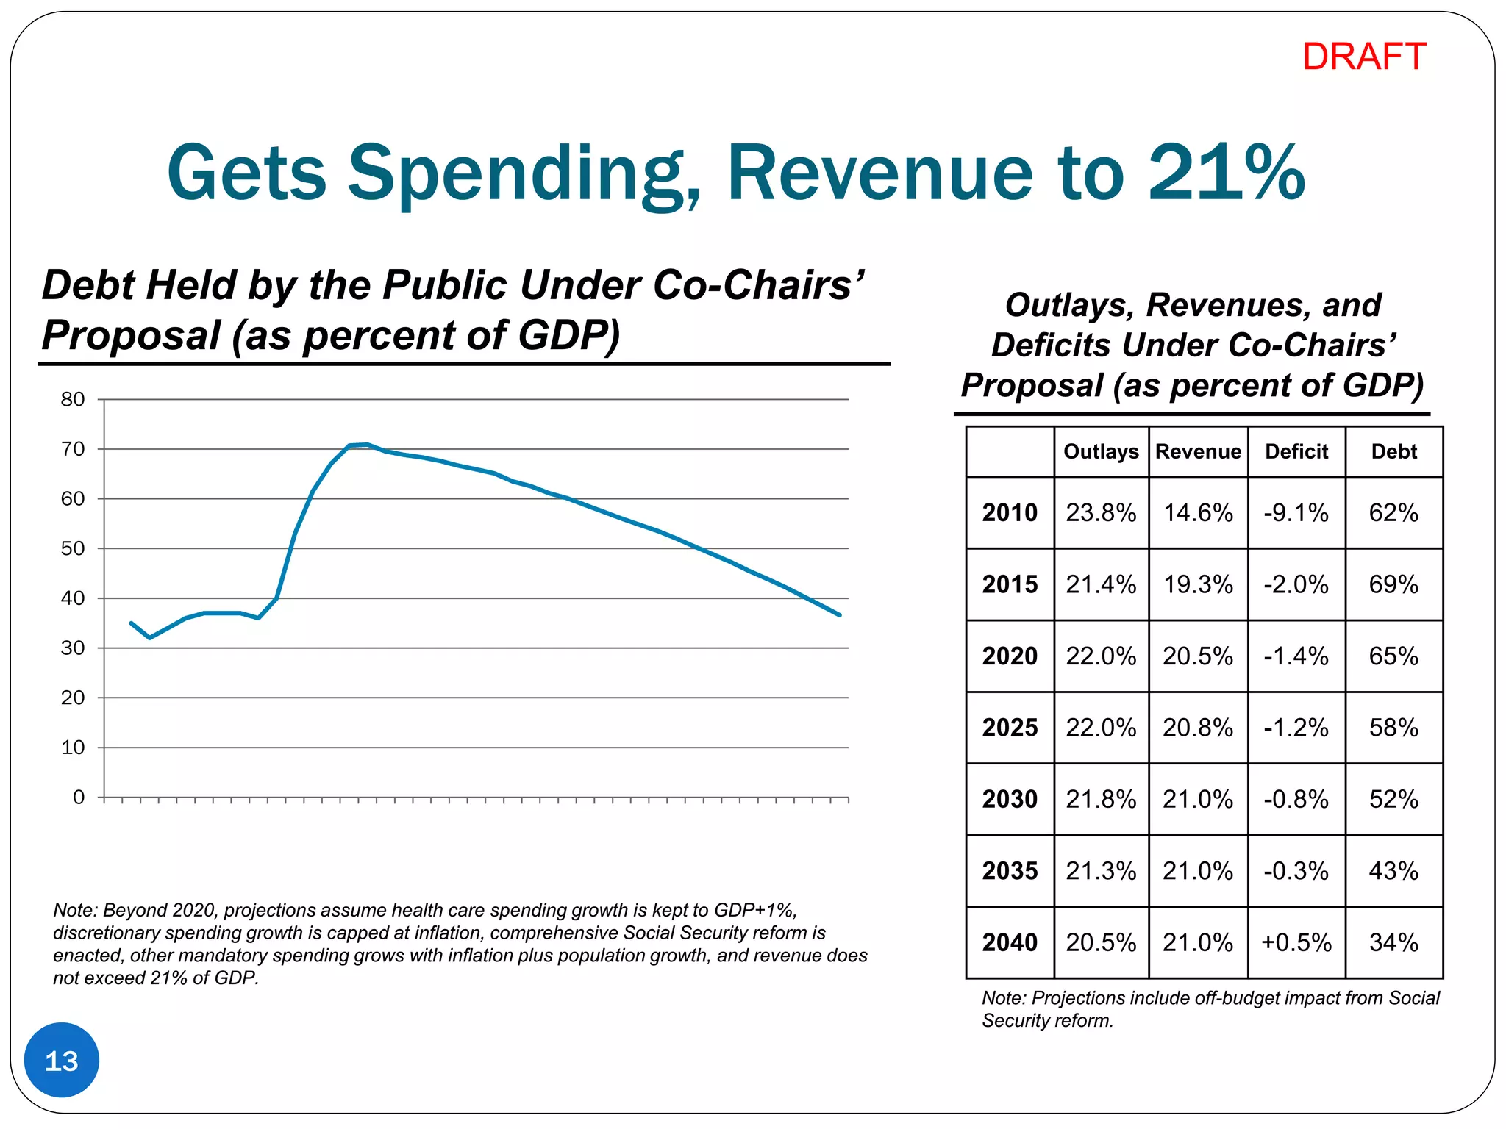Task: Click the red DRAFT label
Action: (x=1363, y=57)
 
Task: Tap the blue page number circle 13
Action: (x=62, y=1061)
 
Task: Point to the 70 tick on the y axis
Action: (x=73, y=449)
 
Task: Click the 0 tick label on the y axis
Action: (x=79, y=798)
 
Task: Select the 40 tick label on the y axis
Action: (x=73, y=598)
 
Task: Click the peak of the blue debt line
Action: (x=366, y=444)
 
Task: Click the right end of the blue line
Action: (x=839, y=614)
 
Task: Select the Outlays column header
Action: (x=1101, y=451)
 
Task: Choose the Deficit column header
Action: (x=1296, y=451)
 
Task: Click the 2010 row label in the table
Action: (x=1010, y=512)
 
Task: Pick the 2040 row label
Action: (x=1010, y=942)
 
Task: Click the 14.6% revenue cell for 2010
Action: (x=1198, y=512)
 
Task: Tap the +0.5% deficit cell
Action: (x=1296, y=942)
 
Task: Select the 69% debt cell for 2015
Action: (x=1393, y=584)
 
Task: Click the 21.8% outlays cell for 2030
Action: (x=1101, y=799)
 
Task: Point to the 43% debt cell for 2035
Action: (x=1393, y=871)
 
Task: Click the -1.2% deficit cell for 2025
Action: (x=1296, y=728)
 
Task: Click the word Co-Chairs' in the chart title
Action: (x=757, y=285)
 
